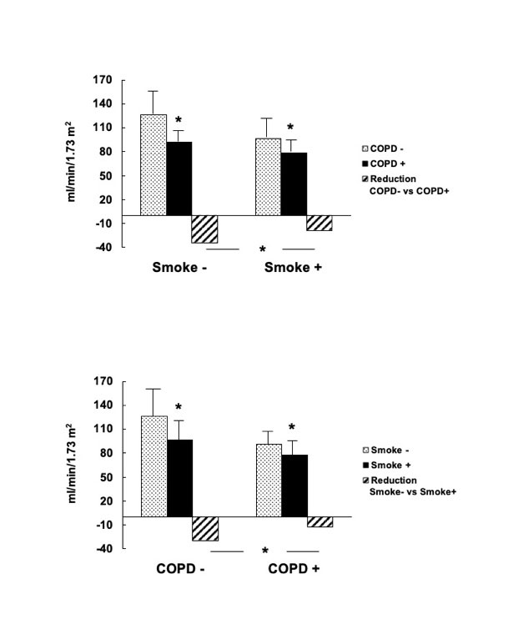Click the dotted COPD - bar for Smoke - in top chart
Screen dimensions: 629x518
pos(153,165)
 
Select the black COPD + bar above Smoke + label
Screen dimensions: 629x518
pos(294,184)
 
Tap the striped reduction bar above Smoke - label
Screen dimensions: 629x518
pos(205,229)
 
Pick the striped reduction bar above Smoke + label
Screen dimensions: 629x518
pos(319,223)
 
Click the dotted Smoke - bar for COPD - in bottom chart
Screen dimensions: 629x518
pos(153,466)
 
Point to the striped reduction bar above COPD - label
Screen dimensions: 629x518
pos(205,528)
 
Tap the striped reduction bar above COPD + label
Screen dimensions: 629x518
pos(319,521)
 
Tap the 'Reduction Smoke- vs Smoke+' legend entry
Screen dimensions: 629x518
pos(409,486)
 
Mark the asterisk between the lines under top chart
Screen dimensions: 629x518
pos(262,249)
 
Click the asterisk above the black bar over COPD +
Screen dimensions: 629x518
pos(292,427)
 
